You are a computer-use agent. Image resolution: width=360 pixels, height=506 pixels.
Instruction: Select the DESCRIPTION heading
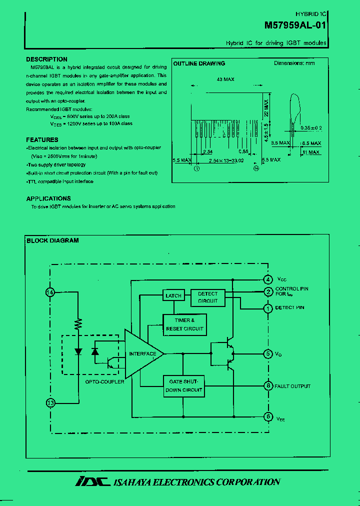point(46,59)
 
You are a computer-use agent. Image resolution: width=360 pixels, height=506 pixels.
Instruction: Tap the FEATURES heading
point(42,139)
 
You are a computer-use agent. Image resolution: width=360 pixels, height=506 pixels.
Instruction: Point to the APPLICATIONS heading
point(48,198)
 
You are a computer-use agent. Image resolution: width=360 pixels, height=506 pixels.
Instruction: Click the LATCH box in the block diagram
point(173,295)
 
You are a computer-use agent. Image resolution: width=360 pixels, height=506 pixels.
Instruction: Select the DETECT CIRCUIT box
point(207,297)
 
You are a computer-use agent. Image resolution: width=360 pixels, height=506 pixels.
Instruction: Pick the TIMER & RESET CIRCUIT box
point(184,324)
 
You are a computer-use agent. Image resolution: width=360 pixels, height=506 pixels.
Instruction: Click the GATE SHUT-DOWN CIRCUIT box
point(184,386)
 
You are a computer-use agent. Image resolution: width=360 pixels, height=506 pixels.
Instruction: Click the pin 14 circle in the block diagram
point(50,292)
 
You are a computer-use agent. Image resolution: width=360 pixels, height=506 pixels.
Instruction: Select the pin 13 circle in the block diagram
point(50,402)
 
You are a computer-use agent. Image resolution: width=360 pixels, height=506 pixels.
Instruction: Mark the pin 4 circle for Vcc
point(268,279)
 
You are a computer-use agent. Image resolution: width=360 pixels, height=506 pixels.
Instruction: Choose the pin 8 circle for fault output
point(268,385)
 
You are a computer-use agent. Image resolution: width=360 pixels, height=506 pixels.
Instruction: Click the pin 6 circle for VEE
point(268,416)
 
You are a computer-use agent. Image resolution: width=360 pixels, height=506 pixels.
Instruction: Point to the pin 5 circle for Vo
point(268,353)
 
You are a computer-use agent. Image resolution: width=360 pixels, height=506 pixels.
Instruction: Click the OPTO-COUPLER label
point(104,381)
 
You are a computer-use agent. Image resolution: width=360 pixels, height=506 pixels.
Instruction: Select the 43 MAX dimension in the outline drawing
point(225,79)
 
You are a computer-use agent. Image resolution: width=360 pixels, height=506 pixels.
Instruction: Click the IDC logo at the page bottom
point(92,481)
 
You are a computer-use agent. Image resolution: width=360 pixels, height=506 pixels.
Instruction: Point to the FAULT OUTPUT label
point(292,386)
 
